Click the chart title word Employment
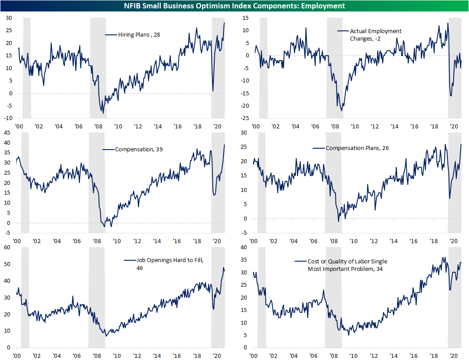(x=324, y=6)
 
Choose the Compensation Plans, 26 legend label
(x=357, y=148)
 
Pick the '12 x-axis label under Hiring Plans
(x=138, y=126)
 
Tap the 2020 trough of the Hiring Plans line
(x=213, y=91)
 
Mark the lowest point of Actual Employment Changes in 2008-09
(x=342, y=110)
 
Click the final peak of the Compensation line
(x=224, y=145)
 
